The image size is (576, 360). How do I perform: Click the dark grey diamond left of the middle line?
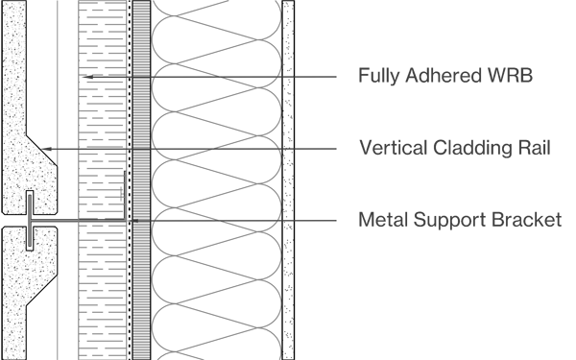60,149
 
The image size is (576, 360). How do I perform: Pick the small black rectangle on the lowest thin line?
101,218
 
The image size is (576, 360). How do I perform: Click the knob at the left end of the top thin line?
84,76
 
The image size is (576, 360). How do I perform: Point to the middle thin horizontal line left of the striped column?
106,149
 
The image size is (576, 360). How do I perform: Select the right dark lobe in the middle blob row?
245,152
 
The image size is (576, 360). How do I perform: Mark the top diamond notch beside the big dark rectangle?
300,70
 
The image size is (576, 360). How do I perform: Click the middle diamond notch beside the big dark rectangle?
300,152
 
